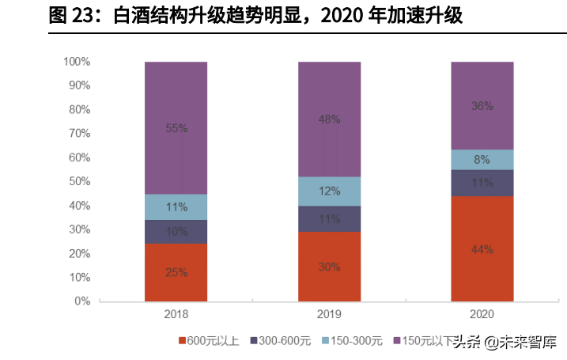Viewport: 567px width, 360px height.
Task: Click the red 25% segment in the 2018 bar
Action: click(x=176, y=272)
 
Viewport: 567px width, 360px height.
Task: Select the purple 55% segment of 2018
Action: click(x=176, y=127)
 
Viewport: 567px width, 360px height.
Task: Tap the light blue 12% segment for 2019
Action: click(x=329, y=191)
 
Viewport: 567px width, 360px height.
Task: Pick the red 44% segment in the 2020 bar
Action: click(x=482, y=248)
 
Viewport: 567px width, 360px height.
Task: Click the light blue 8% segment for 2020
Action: click(x=482, y=159)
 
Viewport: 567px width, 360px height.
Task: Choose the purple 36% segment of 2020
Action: click(x=482, y=105)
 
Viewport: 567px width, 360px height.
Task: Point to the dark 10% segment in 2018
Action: click(x=176, y=231)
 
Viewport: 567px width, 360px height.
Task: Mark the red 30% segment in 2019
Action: click(x=329, y=267)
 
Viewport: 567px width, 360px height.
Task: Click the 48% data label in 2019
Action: click(x=329, y=119)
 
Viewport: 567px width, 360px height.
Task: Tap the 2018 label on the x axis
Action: click(x=176, y=314)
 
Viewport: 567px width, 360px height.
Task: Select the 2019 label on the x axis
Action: click(x=329, y=314)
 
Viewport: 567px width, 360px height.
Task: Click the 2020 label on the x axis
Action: click(x=482, y=314)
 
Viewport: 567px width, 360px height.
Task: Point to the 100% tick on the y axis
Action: click(x=77, y=62)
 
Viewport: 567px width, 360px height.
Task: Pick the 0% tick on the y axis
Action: click(x=83, y=301)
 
